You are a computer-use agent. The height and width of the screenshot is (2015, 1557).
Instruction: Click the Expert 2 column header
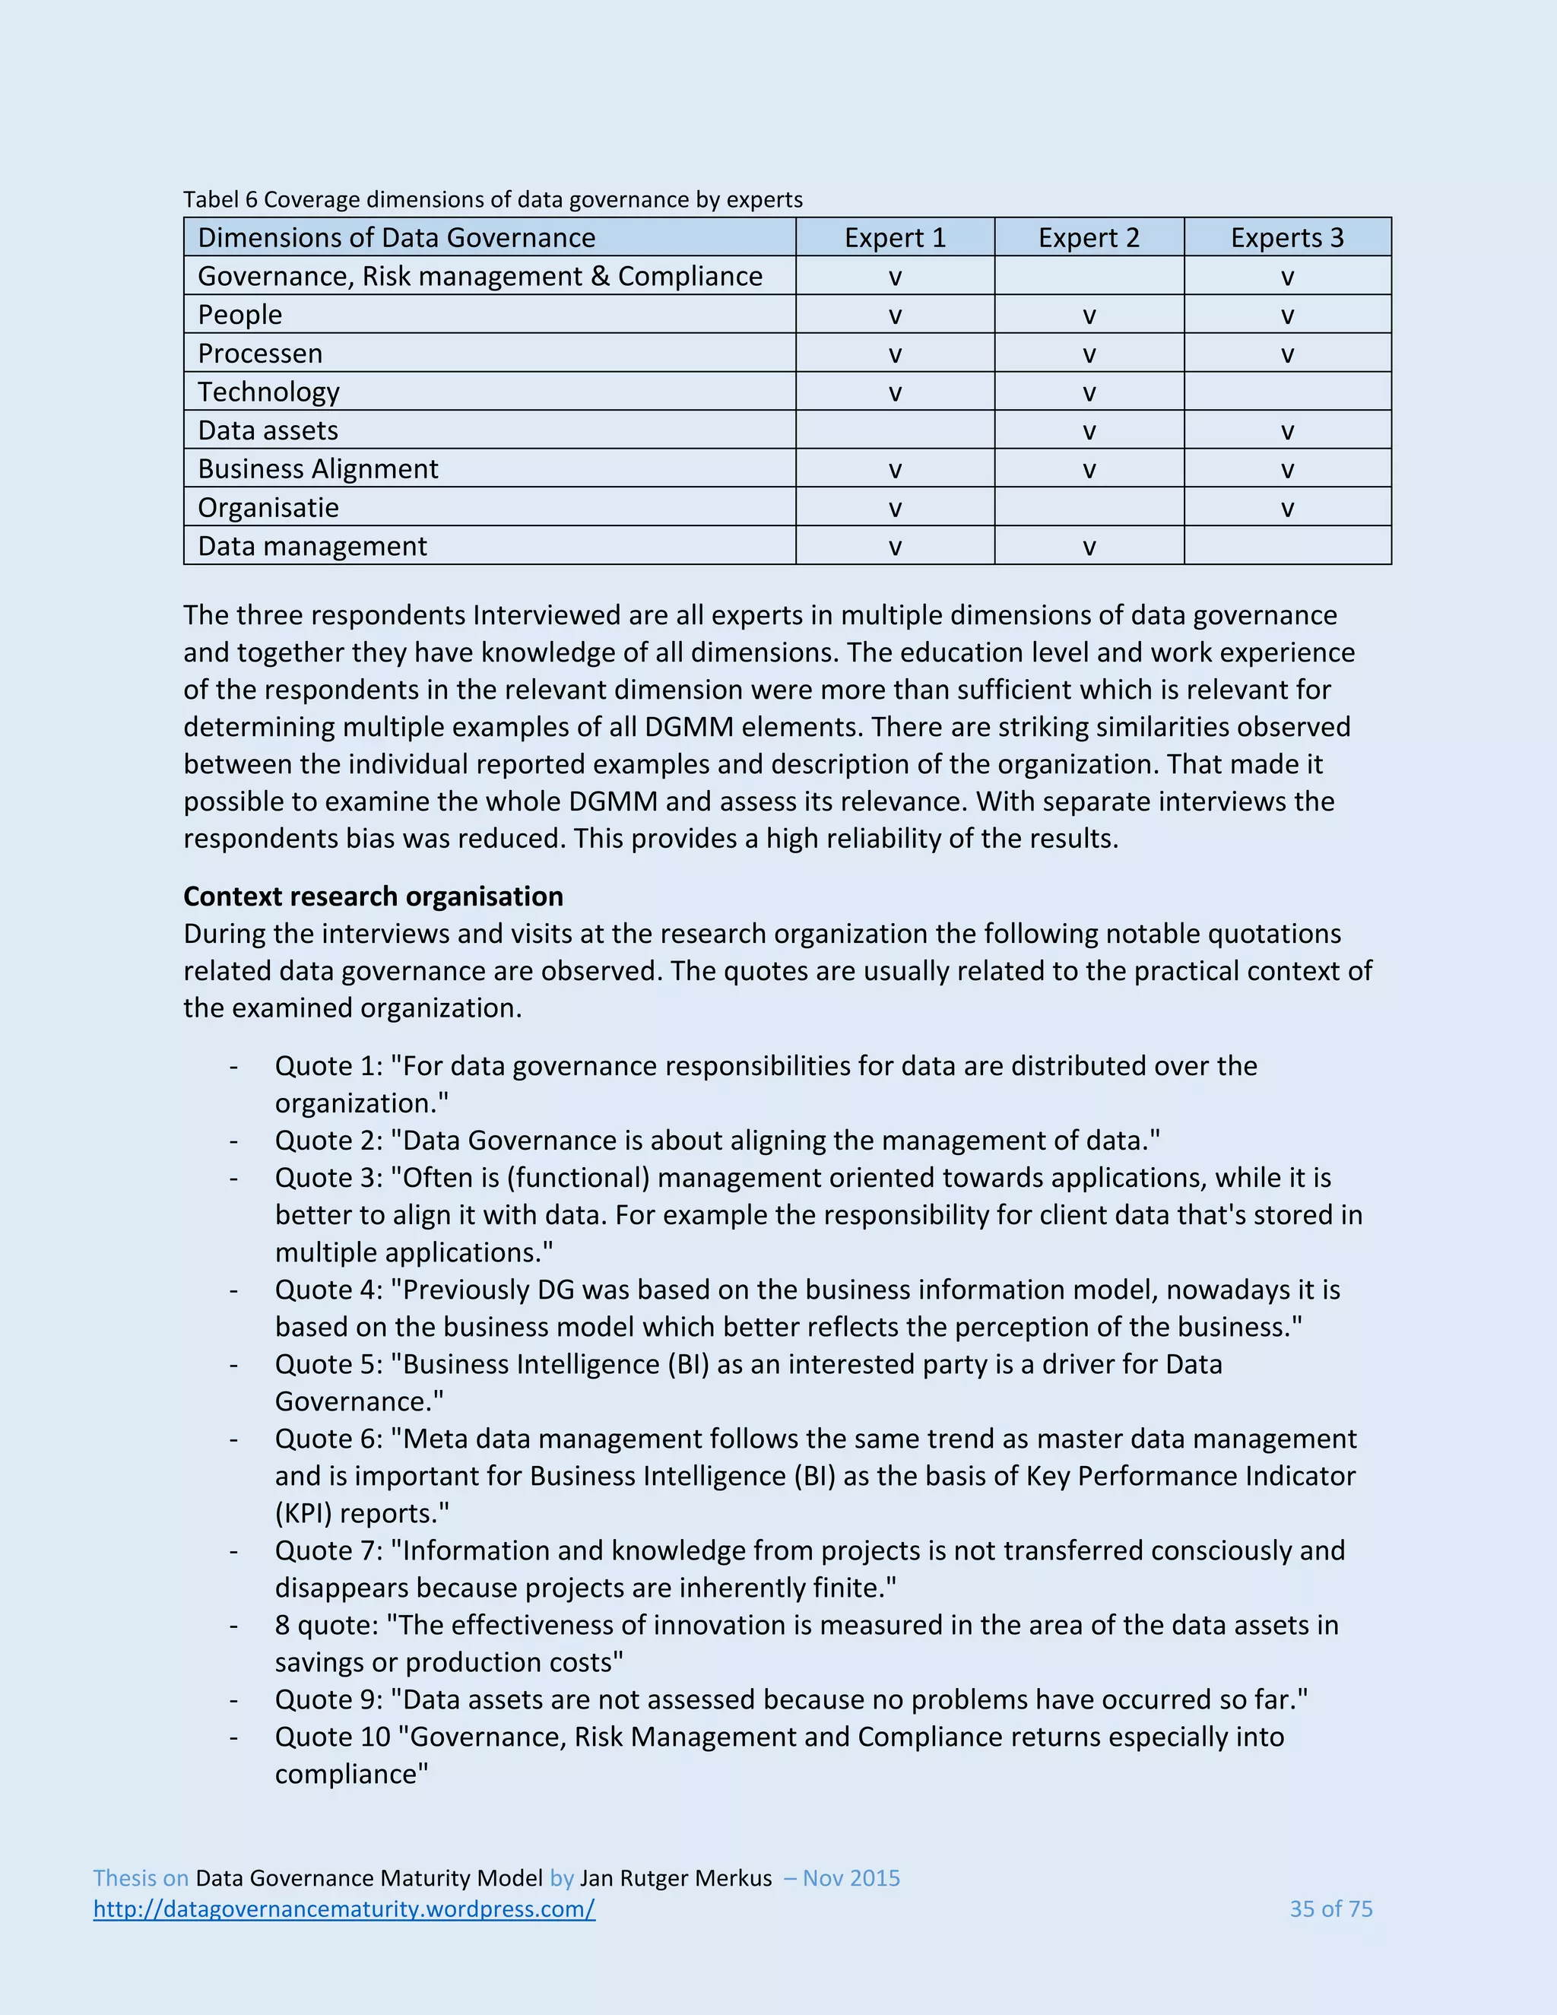(1089, 238)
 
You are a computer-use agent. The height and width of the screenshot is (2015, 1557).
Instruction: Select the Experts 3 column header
(1287, 238)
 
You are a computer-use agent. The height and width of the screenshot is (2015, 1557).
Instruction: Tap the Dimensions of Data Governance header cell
(397, 238)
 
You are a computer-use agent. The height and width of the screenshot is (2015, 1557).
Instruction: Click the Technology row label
(268, 392)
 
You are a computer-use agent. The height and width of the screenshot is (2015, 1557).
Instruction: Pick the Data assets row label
(268, 431)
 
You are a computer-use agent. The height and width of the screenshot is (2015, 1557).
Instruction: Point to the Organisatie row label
(268, 507)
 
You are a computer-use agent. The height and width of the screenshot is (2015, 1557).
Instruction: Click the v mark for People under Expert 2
(1089, 316)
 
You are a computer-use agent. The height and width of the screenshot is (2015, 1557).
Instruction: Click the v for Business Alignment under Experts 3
(1288, 471)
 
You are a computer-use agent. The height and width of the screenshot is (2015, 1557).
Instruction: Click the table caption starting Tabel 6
(493, 199)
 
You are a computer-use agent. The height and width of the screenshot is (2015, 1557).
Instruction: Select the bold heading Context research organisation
(373, 896)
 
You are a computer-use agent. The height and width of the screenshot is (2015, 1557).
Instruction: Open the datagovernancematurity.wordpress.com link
(344, 1909)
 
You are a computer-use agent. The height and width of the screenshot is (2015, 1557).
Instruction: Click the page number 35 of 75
(1330, 1909)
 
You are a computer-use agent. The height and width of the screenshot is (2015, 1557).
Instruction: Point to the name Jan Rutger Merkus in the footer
(675, 1878)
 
